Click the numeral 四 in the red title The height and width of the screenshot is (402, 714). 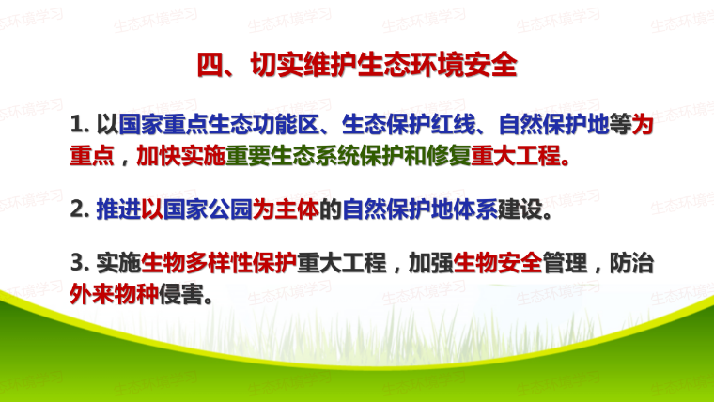click(x=210, y=65)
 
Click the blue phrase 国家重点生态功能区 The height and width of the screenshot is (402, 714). click(x=219, y=124)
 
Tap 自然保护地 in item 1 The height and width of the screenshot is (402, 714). click(x=553, y=124)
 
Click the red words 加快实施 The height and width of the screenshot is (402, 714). click(x=180, y=156)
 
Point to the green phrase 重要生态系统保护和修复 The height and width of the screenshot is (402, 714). click(x=349, y=156)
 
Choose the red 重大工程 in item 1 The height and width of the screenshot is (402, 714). click(x=516, y=156)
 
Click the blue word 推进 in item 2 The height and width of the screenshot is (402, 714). click(x=118, y=209)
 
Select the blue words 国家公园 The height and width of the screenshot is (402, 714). click(x=208, y=209)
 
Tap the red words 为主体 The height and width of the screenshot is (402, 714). click(x=286, y=209)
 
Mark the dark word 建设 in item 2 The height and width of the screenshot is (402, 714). click(x=520, y=209)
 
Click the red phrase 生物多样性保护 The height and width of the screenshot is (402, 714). click(x=219, y=263)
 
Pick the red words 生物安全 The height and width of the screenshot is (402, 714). click(x=498, y=263)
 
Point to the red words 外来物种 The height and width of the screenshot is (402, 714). click(x=115, y=294)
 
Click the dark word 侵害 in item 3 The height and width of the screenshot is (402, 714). click(x=181, y=294)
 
